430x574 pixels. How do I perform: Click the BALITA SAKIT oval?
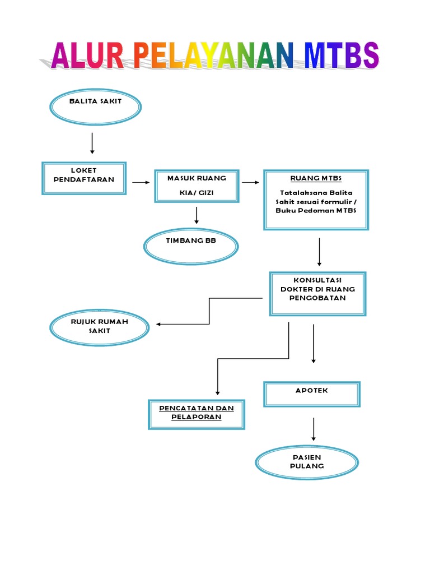[x=95, y=107]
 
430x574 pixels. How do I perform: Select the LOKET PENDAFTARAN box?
[x=84, y=178]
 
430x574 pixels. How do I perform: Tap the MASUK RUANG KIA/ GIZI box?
[x=197, y=186]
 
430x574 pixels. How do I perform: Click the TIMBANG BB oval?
[x=191, y=247]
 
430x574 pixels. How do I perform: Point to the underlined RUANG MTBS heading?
[x=316, y=179]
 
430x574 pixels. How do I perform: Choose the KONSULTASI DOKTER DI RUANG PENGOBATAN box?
[x=317, y=294]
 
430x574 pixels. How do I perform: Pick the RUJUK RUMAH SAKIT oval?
[x=99, y=327]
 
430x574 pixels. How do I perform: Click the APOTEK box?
[x=312, y=394]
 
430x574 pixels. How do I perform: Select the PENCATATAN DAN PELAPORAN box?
[x=196, y=414]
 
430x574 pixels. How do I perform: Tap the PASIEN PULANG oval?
[x=307, y=462]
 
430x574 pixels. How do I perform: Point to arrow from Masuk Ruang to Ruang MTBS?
[x=250, y=183]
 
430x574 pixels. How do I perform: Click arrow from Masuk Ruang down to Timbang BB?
[x=197, y=215]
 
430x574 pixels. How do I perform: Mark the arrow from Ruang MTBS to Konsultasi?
[x=319, y=252]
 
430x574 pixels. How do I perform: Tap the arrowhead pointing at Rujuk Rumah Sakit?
[x=159, y=324]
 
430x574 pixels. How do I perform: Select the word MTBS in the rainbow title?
[x=342, y=57]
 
